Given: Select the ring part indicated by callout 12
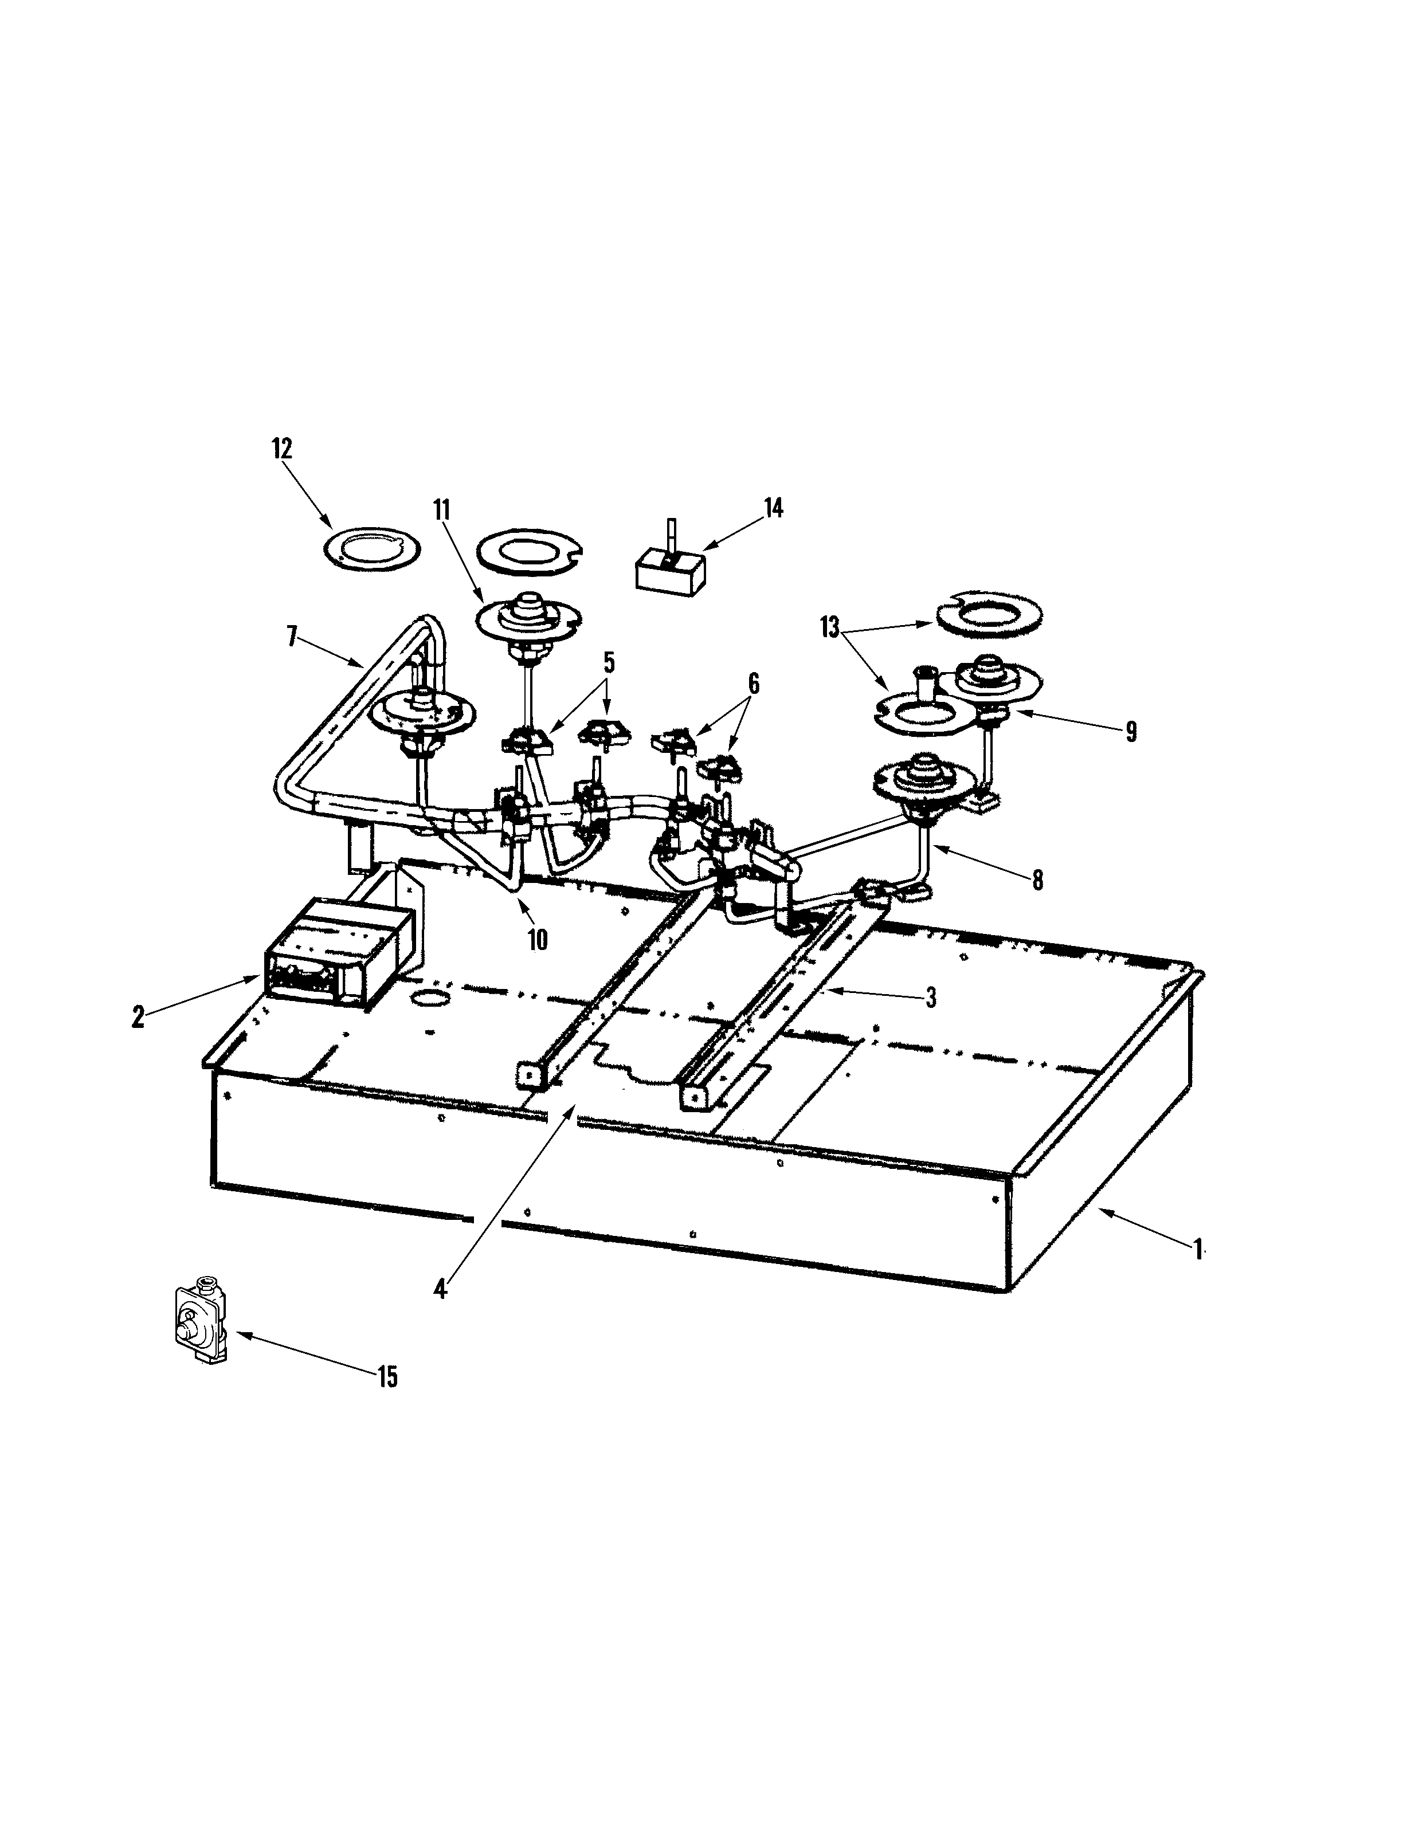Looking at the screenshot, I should pos(371,548).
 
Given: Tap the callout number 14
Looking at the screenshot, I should pos(774,508).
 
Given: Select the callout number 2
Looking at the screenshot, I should pos(138,1017).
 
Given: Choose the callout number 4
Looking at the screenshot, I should pos(441,1288).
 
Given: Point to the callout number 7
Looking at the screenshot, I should pos(292,637).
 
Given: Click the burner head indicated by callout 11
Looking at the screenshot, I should pos(528,616).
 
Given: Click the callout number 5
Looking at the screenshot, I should pos(609,664).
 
